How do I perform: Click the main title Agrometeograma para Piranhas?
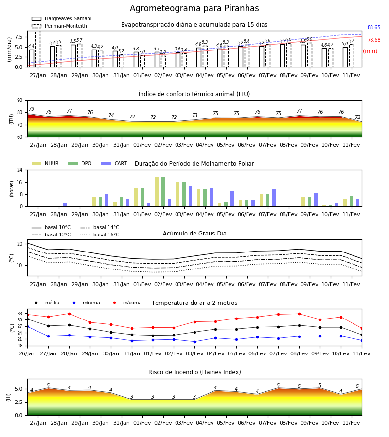point(194,8)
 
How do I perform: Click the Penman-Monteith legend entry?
point(59,26)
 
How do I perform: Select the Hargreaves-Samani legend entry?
point(61,18)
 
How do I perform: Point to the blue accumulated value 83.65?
point(374,27)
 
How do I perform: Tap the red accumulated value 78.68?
point(374,40)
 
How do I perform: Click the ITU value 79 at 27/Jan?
point(32,109)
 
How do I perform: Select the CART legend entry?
point(114,163)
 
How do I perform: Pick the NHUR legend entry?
point(45,163)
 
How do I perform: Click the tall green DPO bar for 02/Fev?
point(163,192)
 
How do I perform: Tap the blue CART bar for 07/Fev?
point(274,198)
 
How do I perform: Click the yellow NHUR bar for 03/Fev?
point(178,194)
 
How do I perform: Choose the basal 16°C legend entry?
point(100,235)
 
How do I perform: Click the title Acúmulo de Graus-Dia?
point(194,233)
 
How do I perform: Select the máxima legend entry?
point(125,303)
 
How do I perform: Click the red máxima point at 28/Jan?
point(69,314)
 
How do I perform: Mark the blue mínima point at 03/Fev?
point(194,342)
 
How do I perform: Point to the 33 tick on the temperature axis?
point(20,314)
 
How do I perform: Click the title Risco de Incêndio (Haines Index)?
point(194,372)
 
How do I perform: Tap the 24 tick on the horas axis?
point(20,170)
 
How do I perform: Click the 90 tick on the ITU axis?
point(20,101)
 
